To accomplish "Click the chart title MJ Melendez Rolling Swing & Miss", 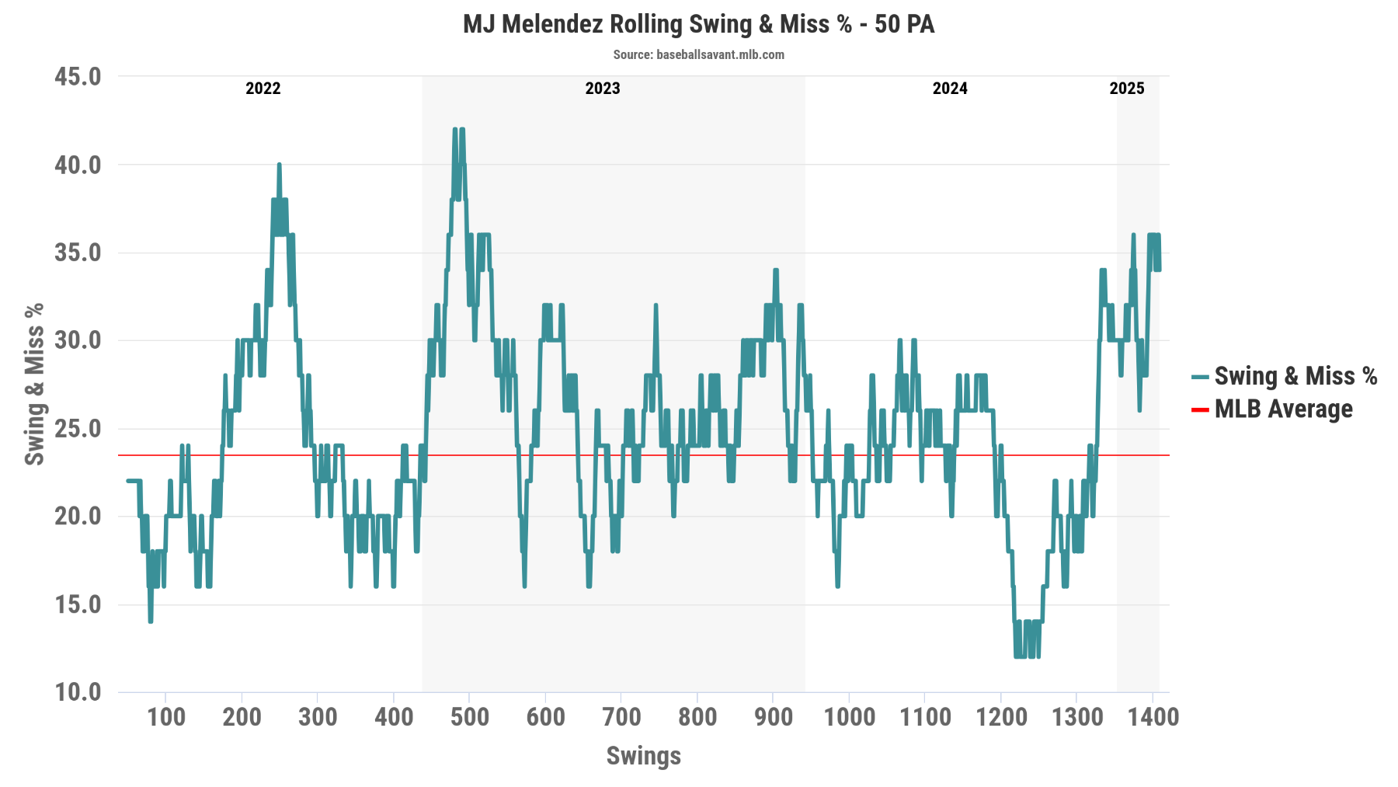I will click(698, 24).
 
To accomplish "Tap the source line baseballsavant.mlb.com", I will click(698, 54).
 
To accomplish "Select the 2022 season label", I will click(263, 88).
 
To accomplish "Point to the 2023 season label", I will click(602, 88).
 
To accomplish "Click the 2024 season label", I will click(949, 88).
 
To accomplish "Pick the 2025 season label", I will click(1126, 88).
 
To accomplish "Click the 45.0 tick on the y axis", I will click(78, 76).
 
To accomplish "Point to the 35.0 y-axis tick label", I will click(78, 252).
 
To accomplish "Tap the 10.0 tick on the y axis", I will click(78, 691).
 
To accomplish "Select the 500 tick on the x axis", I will click(469, 716).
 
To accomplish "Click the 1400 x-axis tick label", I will click(1153, 716).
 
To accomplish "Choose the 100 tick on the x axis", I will click(166, 716).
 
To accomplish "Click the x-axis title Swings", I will click(643, 755).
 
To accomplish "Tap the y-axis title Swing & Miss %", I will click(34, 384).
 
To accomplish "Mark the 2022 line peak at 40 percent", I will click(279, 165).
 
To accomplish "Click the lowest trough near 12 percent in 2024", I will click(1017, 656).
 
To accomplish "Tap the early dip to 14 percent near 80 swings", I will click(151, 621).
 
